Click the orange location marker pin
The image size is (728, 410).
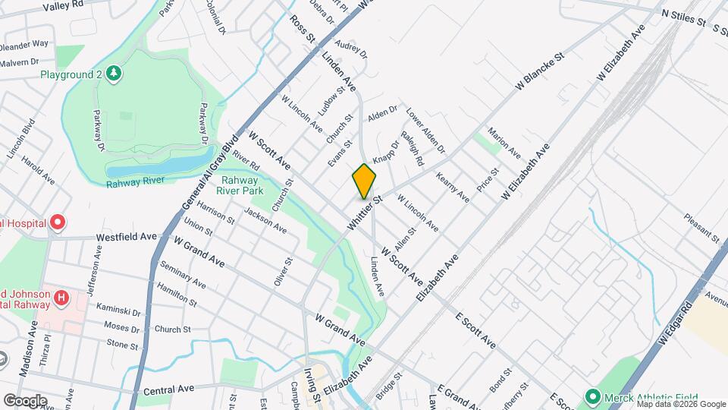[x=364, y=181]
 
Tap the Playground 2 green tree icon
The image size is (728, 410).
[x=113, y=73]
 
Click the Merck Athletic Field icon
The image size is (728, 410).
[x=593, y=396]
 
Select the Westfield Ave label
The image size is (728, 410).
[x=126, y=237]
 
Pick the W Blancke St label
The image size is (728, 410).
[x=541, y=72]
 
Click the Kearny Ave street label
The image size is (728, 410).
[x=453, y=187]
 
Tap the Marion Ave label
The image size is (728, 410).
[x=504, y=142]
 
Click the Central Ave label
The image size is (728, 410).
[x=168, y=389]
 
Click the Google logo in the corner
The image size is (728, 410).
[x=25, y=400]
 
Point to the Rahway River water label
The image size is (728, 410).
[x=135, y=183]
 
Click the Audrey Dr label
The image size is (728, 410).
[x=350, y=49]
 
